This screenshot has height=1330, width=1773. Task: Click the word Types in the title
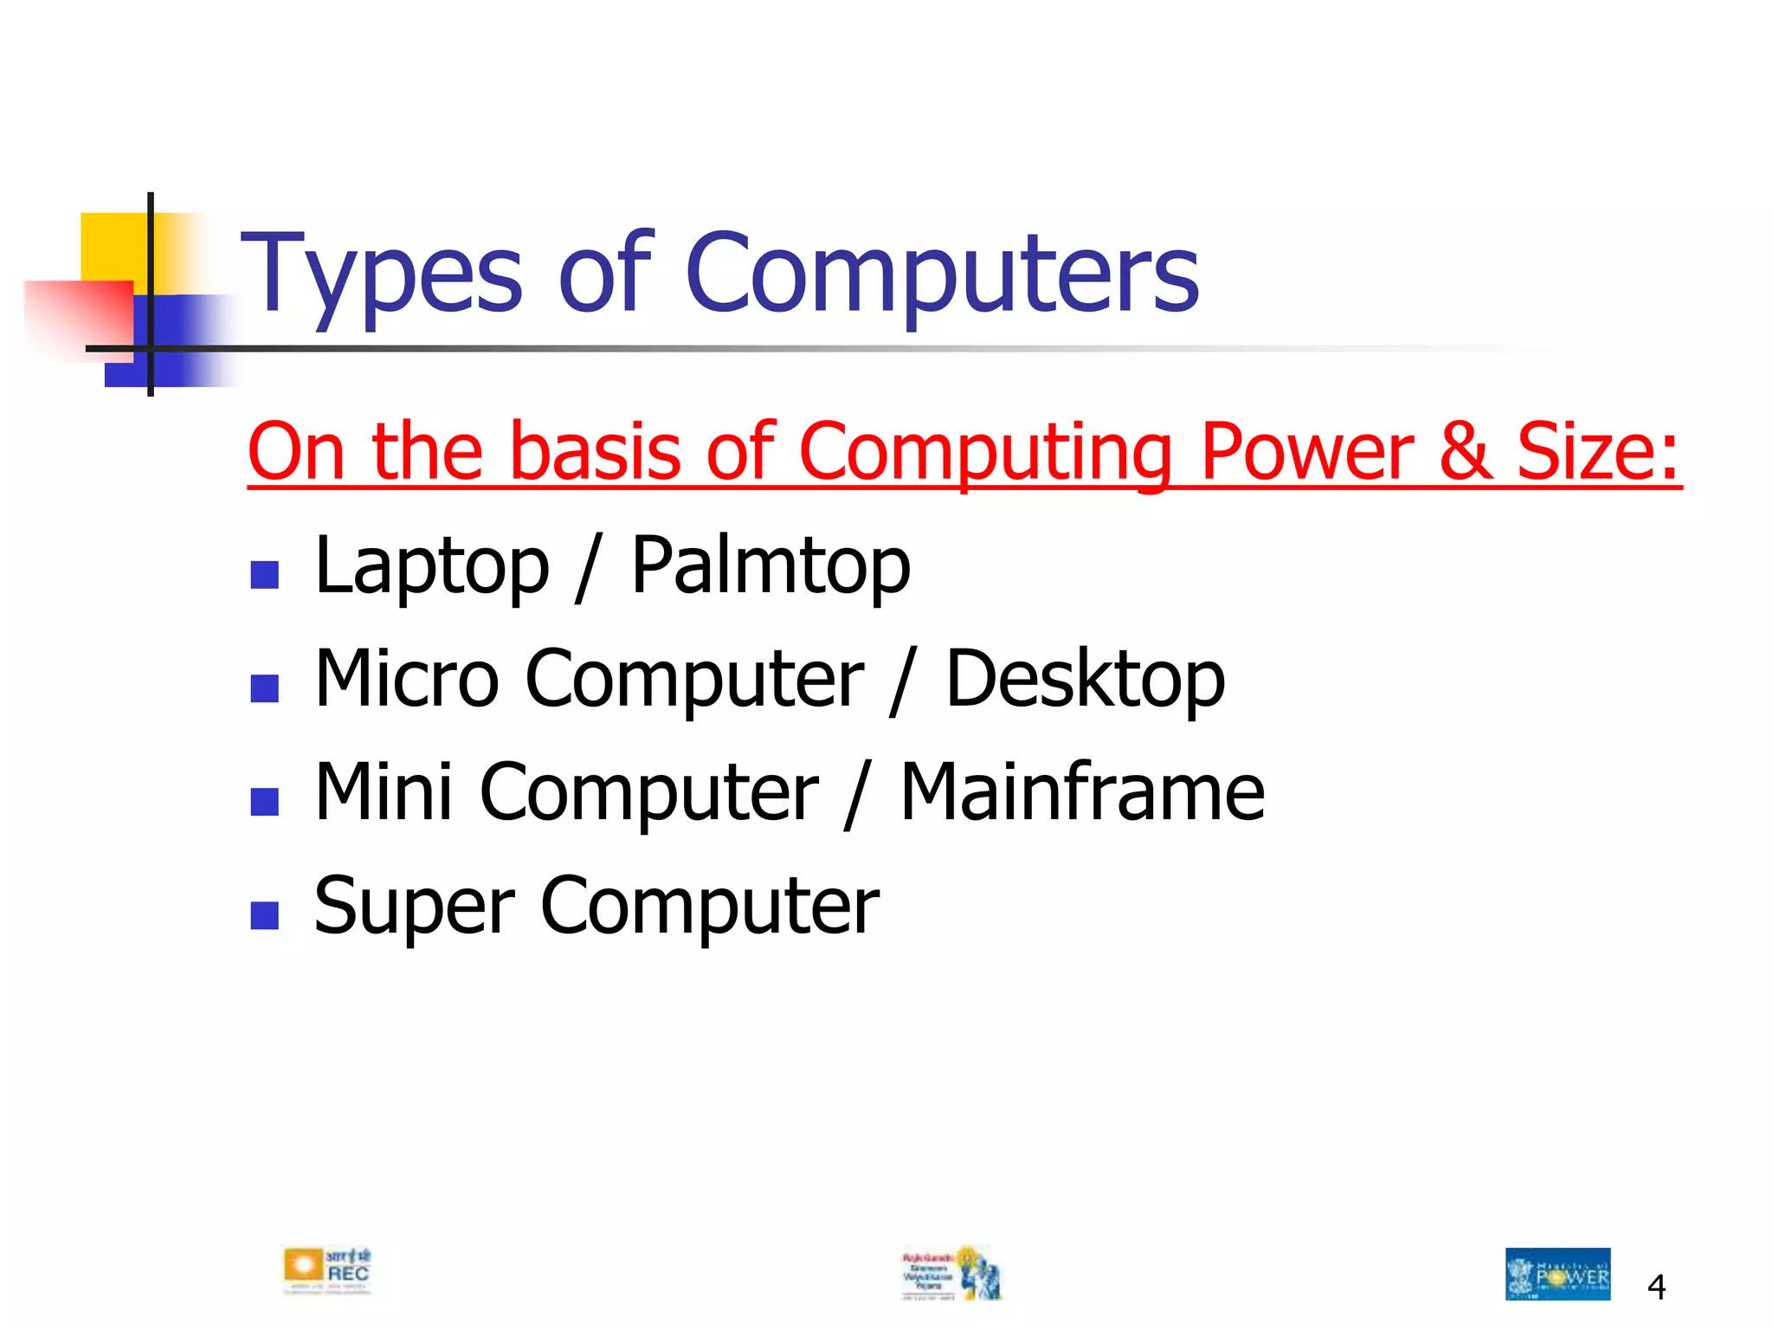381,275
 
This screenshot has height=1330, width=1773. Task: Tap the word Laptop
431,567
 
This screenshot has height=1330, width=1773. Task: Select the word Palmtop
770,567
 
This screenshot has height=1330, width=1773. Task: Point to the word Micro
407,680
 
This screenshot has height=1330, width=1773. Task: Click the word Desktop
1086,680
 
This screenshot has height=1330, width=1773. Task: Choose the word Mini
384,792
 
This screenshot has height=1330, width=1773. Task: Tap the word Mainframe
1082,792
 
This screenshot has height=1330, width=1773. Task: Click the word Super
414,907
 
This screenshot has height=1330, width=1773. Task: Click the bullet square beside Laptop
264,575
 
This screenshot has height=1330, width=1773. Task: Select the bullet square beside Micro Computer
264,688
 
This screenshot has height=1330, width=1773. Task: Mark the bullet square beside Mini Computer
264,802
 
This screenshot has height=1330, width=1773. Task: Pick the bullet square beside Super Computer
264,915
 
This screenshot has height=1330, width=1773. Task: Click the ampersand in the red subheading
1466,452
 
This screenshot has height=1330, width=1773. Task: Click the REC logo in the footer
327,1271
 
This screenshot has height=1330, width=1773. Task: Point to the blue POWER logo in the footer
1557,1274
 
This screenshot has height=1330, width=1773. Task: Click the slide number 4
1656,1288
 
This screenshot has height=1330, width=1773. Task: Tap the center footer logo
951,1273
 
